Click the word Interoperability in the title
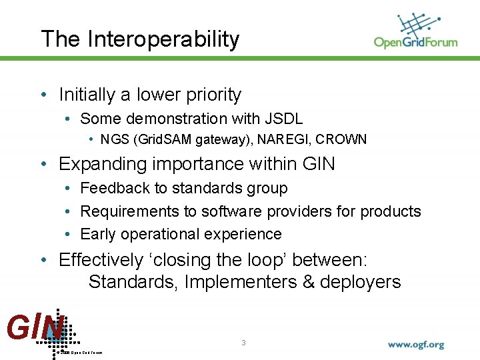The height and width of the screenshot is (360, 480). tap(163, 39)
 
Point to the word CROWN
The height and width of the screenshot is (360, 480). tap(341, 140)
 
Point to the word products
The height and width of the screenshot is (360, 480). tap(391, 211)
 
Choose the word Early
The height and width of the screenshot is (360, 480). tap(97, 235)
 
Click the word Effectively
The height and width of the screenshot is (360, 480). tap(101, 259)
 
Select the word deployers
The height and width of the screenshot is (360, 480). tap(360, 282)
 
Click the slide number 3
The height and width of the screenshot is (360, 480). tap(244, 343)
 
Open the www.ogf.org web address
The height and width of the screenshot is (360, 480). tap(416, 345)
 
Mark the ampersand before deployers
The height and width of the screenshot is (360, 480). tap(308, 282)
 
